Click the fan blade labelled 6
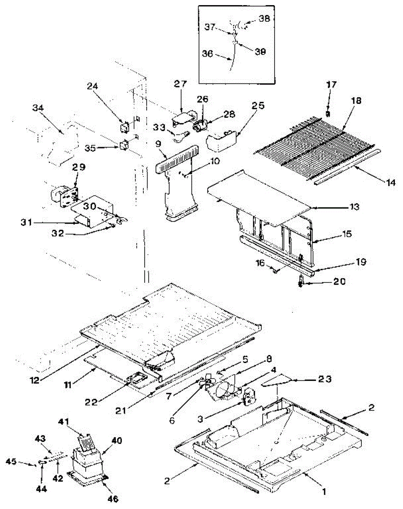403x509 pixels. (205, 384)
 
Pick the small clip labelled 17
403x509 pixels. (327, 113)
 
